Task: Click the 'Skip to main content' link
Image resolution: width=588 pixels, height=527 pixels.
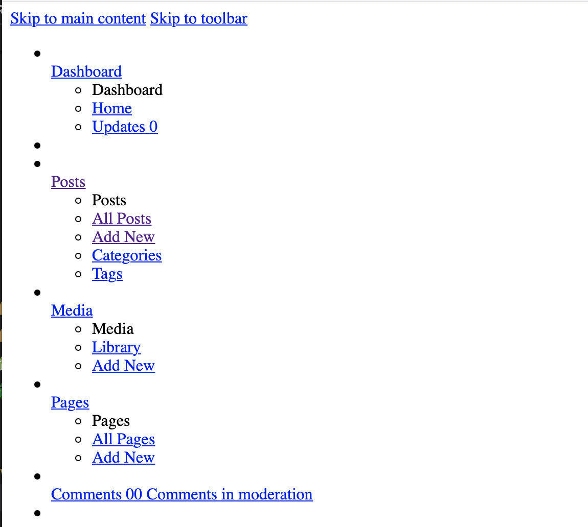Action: coord(78,19)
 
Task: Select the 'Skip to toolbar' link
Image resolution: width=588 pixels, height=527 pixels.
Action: coord(198,19)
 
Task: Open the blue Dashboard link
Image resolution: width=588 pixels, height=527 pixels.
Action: coord(86,71)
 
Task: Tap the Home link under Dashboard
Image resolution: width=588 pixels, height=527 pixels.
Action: coord(112,108)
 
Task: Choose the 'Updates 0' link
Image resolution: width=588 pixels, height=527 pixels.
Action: coord(125,127)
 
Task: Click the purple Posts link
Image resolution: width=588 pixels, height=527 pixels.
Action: coord(68,182)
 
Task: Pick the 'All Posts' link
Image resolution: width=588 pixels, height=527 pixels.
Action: coord(122,219)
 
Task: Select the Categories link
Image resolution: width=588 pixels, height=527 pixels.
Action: coord(127,255)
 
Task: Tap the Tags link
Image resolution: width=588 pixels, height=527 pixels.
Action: coord(107,274)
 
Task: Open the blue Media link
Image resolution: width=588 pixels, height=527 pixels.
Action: coord(72,310)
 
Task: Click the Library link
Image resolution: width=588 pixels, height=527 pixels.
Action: coord(116,347)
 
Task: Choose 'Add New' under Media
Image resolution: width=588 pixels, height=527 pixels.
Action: coord(123,366)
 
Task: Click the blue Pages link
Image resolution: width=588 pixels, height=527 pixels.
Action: coord(70,402)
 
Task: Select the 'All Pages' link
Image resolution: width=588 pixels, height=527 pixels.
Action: coord(123,439)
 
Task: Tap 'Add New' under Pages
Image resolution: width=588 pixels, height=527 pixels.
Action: coord(123,458)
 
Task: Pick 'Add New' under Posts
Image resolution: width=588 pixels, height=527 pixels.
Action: coord(123,237)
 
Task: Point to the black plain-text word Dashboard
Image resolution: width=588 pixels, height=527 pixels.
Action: coord(127,90)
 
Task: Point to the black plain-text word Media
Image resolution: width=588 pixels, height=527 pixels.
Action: coord(113,329)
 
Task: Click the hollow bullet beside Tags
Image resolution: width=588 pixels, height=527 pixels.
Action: coord(78,274)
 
